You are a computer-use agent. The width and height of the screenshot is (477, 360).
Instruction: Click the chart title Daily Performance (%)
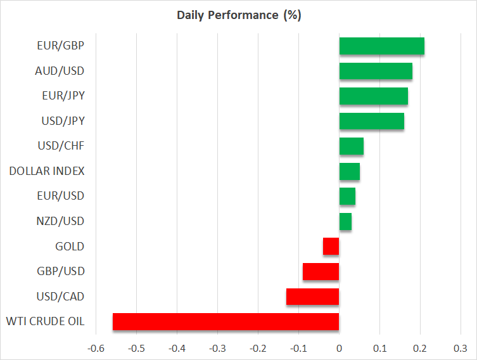(x=238, y=15)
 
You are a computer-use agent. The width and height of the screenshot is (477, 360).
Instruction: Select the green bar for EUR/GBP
(x=381, y=46)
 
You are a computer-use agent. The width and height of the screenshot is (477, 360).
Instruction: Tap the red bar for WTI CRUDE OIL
(x=226, y=322)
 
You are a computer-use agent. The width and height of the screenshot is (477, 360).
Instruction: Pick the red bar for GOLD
(x=331, y=247)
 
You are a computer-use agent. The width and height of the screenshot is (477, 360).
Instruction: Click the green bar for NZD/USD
(x=345, y=221)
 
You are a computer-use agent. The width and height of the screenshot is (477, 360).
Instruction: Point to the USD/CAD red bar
(x=312, y=297)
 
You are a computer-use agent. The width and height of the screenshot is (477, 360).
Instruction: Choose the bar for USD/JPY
(x=371, y=121)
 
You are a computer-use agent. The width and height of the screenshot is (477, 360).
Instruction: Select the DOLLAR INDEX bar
(x=349, y=171)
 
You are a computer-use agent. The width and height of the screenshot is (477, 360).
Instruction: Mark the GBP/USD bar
(x=321, y=271)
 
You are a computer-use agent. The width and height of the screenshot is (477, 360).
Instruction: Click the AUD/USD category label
(x=60, y=70)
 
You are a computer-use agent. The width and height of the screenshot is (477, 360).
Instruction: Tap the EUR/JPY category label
(x=61, y=96)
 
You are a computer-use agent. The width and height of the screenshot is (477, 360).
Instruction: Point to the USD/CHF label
(x=61, y=146)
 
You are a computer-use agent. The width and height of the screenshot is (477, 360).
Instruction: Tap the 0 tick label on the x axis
(x=339, y=348)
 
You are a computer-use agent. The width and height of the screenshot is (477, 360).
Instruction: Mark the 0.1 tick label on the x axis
(x=379, y=348)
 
